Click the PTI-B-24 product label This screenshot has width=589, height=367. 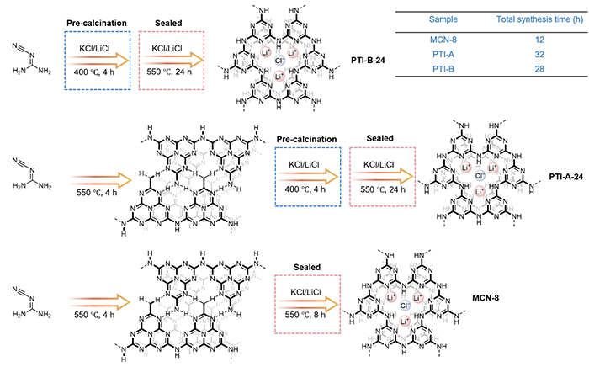tap(369, 60)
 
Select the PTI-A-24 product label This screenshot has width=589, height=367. tap(566, 176)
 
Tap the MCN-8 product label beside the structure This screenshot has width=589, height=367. tap(486, 298)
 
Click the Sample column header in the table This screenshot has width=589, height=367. tap(443, 19)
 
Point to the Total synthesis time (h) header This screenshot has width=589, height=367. tap(539, 19)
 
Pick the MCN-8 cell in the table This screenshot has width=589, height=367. tap(443, 40)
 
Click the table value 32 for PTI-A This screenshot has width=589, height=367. tap(539, 55)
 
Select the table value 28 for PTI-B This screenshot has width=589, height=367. tap(539, 69)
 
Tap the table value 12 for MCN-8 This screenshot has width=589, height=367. tap(539, 40)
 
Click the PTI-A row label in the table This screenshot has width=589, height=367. tap(443, 55)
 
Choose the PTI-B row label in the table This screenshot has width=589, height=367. tap(443, 69)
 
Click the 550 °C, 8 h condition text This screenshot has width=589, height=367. tap(305, 315)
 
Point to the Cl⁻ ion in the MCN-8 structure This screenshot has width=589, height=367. tap(405, 306)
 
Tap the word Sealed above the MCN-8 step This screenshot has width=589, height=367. tap(307, 267)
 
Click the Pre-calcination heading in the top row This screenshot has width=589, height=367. tap(97, 23)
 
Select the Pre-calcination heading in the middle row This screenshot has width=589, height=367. tap(307, 140)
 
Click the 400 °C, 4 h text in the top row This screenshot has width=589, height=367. tap(94, 72)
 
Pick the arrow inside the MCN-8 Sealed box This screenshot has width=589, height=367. tap(309, 304)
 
